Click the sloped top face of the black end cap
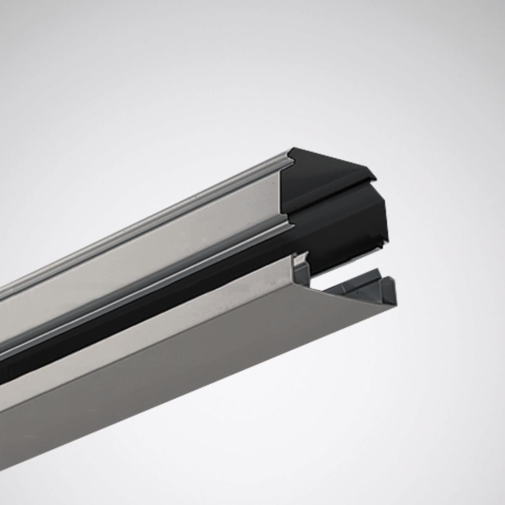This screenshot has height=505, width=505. point(324,168)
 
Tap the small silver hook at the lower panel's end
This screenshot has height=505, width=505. point(301,259)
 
